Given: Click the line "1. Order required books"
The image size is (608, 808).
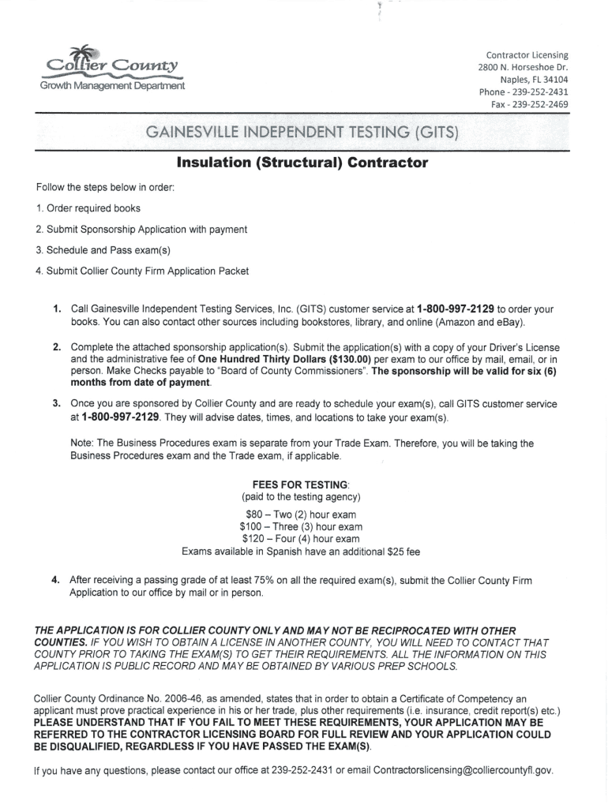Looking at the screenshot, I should (x=88, y=208).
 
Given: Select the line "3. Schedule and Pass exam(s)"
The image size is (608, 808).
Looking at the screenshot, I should (x=103, y=250).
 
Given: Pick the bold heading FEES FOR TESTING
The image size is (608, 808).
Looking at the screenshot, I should (x=300, y=484).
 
